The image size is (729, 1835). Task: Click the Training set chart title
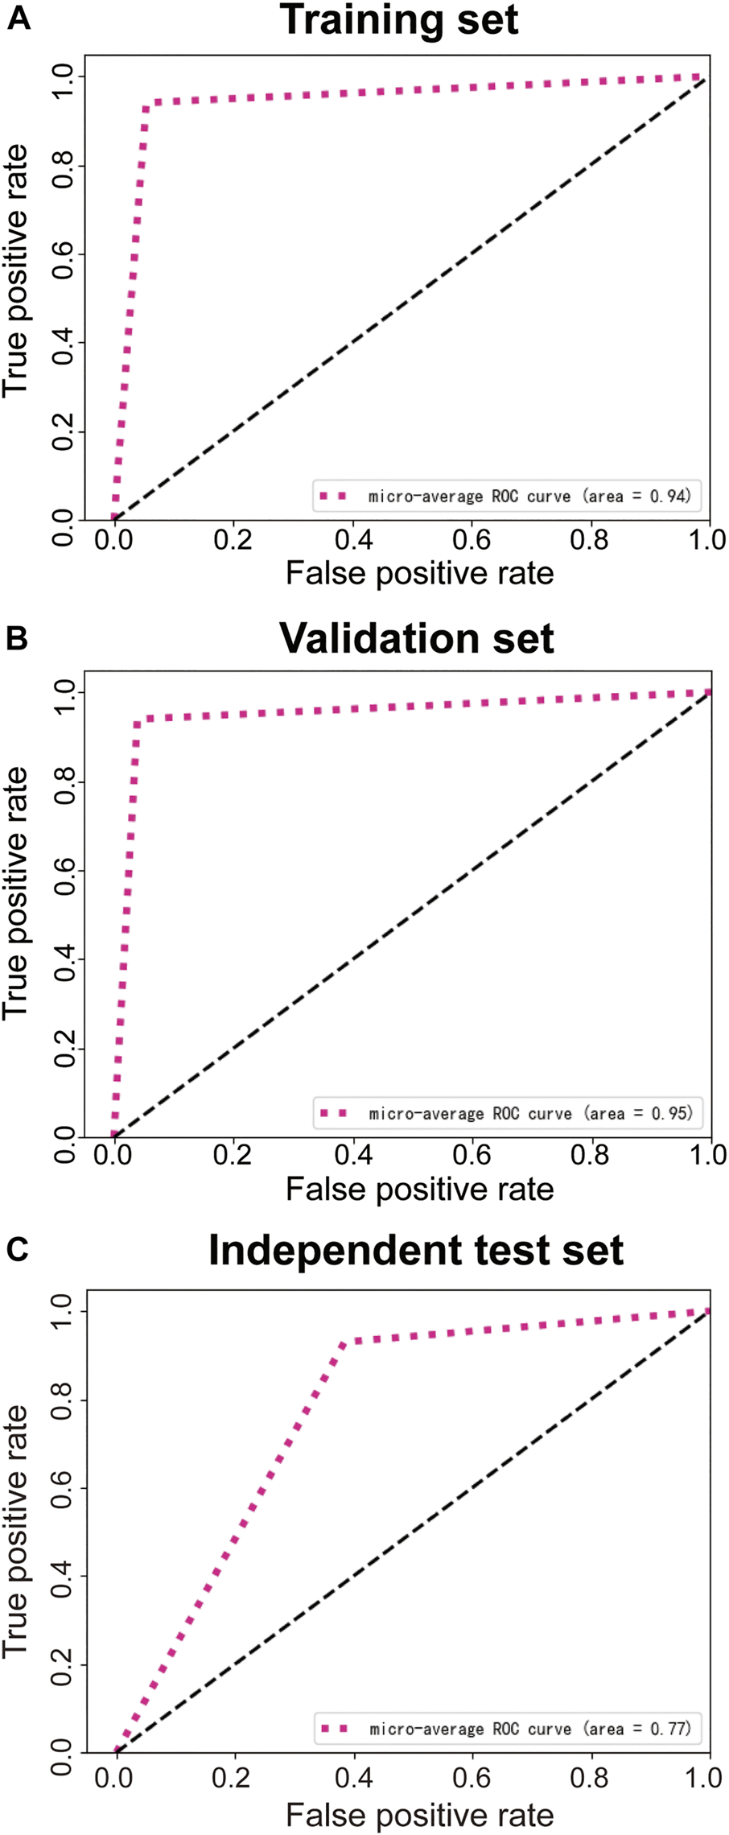click(x=400, y=20)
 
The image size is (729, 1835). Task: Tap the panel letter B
click(x=17, y=637)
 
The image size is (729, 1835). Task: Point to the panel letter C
click(x=18, y=1249)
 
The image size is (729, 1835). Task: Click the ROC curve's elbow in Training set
click(x=146, y=105)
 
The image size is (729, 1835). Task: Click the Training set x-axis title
click(x=419, y=574)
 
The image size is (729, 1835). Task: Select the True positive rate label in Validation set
click(x=16, y=893)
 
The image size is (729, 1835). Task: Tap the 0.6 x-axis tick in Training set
click(x=472, y=539)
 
